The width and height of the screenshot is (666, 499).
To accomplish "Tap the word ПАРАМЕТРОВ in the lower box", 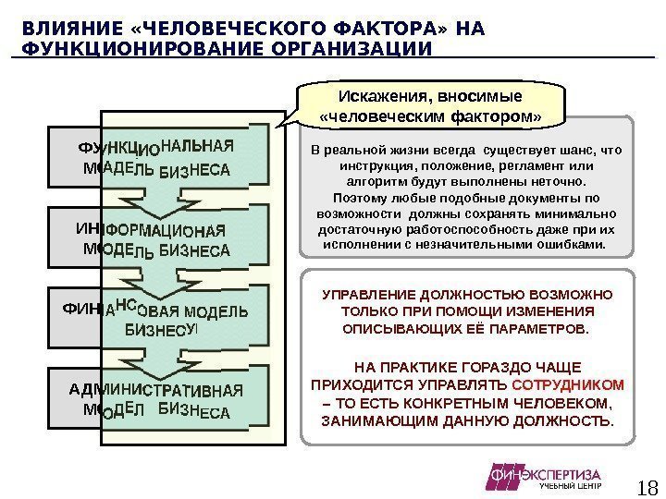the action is [x=537, y=329].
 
